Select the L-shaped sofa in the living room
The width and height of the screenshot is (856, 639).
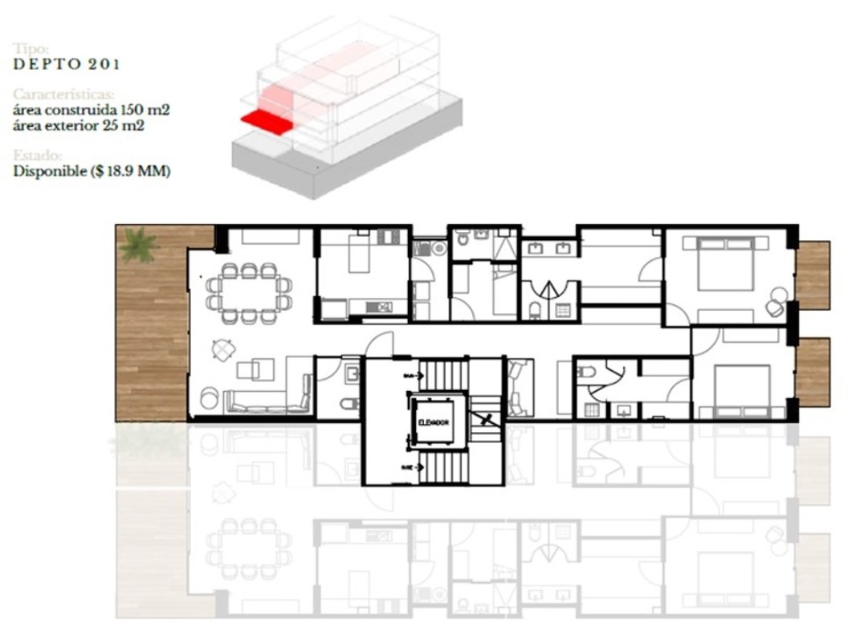point(268,398)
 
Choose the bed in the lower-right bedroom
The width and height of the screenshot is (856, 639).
point(740,386)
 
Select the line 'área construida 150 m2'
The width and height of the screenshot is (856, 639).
point(92,110)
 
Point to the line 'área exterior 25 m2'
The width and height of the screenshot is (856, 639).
point(79,125)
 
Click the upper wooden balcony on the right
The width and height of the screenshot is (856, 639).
point(812,275)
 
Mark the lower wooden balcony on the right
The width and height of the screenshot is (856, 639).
point(812,371)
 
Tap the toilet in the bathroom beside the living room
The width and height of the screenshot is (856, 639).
point(348,401)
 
